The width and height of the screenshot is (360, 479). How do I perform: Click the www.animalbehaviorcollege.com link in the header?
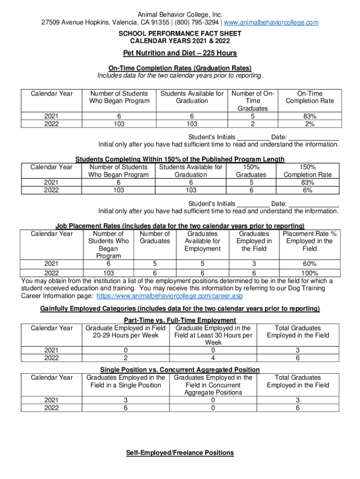point(272,22)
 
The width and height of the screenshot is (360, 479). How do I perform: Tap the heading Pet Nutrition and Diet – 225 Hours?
point(180,53)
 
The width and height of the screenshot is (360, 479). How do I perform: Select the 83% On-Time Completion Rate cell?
point(310,116)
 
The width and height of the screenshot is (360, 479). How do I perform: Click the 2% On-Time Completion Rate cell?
point(310,124)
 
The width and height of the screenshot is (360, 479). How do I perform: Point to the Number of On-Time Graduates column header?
point(253,101)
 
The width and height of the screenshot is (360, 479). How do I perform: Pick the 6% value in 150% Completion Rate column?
point(307,190)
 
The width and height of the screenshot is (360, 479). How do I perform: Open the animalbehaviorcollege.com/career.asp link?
point(169,296)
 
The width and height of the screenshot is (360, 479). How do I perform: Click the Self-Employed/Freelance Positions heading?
point(180,453)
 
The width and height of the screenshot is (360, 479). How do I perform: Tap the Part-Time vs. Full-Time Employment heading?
point(180,320)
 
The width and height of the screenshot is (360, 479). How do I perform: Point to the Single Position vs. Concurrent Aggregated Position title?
point(180,370)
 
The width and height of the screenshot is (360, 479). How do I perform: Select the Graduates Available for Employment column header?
point(202,241)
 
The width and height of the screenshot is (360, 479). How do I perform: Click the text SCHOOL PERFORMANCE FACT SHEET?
point(180,34)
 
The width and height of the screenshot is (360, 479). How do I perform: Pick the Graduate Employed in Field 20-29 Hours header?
point(123,332)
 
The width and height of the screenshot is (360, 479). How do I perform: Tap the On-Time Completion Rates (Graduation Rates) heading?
point(180,68)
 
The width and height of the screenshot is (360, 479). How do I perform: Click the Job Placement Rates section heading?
point(180,226)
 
